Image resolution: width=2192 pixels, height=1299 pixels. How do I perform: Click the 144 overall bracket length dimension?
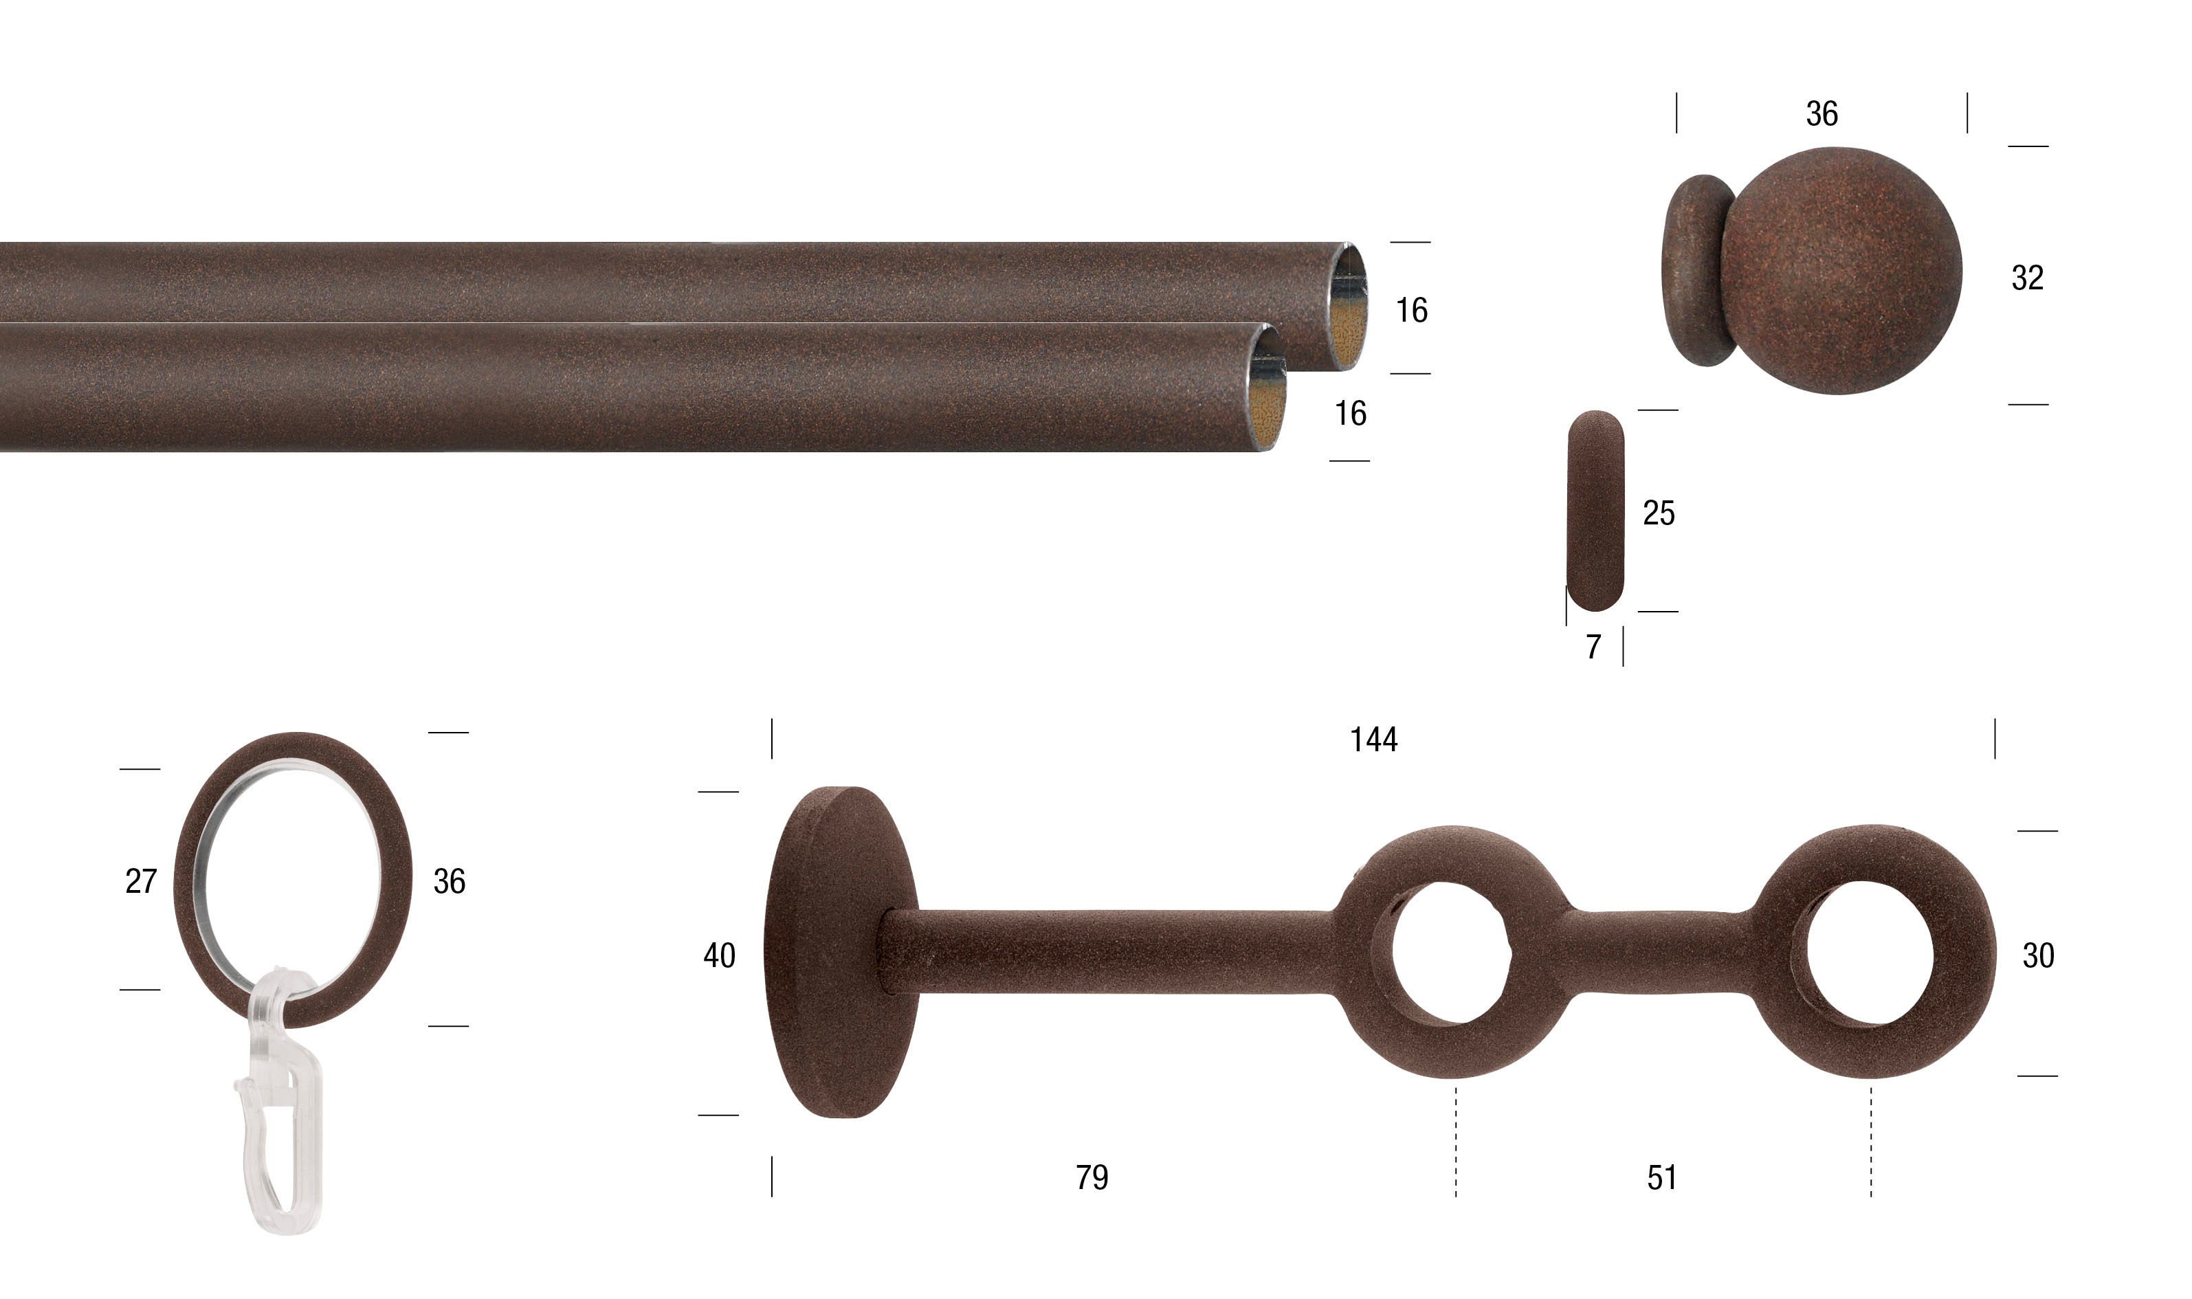click(x=1373, y=740)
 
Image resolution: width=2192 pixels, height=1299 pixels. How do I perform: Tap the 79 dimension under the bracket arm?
click(x=1092, y=1178)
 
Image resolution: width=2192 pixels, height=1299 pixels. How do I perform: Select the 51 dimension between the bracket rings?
click(x=1661, y=1178)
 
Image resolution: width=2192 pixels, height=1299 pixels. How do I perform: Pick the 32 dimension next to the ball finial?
click(x=2028, y=278)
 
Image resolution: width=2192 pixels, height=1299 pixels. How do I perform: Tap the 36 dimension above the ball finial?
click(x=1822, y=114)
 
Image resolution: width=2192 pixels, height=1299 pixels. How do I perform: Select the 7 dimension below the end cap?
click(x=1593, y=647)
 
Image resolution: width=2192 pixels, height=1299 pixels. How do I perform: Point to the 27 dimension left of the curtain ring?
click(x=141, y=881)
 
